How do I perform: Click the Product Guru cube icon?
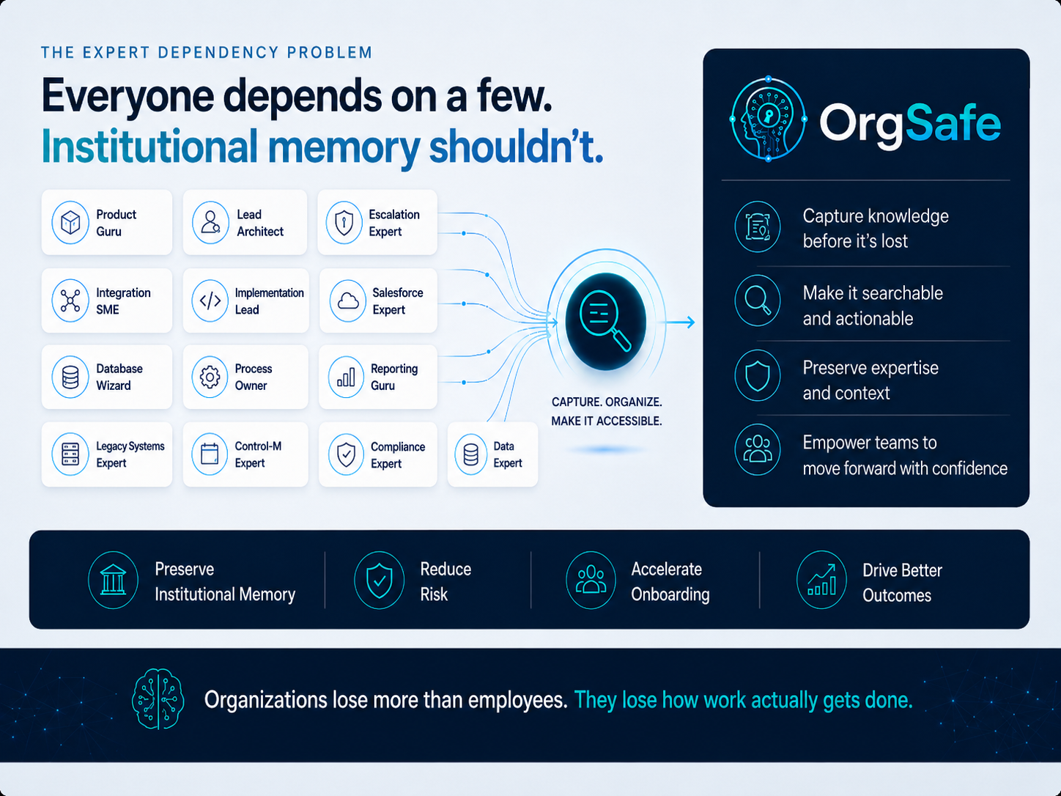[x=70, y=223]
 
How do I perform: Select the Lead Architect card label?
[x=260, y=223]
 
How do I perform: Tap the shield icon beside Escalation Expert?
[x=344, y=223]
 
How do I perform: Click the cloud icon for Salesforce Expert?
[x=347, y=301]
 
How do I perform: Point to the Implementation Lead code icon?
[x=210, y=301]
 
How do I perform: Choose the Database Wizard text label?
[x=119, y=377]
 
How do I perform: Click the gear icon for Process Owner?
[x=210, y=377]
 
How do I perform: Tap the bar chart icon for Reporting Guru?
[x=346, y=377]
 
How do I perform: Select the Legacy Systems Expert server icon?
[x=70, y=454]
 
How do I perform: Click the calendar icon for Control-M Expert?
[x=210, y=454]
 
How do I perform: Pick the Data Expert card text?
[x=508, y=454]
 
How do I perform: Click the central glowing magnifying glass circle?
[x=606, y=321]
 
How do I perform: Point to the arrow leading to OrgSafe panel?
[x=680, y=322]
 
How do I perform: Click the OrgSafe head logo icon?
[x=768, y=119]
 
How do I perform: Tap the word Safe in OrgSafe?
[x=953, y=122]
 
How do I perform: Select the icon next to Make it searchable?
[x=758, y=301]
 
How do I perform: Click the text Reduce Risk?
[x=446, y=581]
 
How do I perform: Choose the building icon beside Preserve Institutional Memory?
[x=113, y=580]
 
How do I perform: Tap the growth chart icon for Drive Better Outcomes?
[x=821, y=580]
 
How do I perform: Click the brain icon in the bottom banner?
[x=158, y=699]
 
